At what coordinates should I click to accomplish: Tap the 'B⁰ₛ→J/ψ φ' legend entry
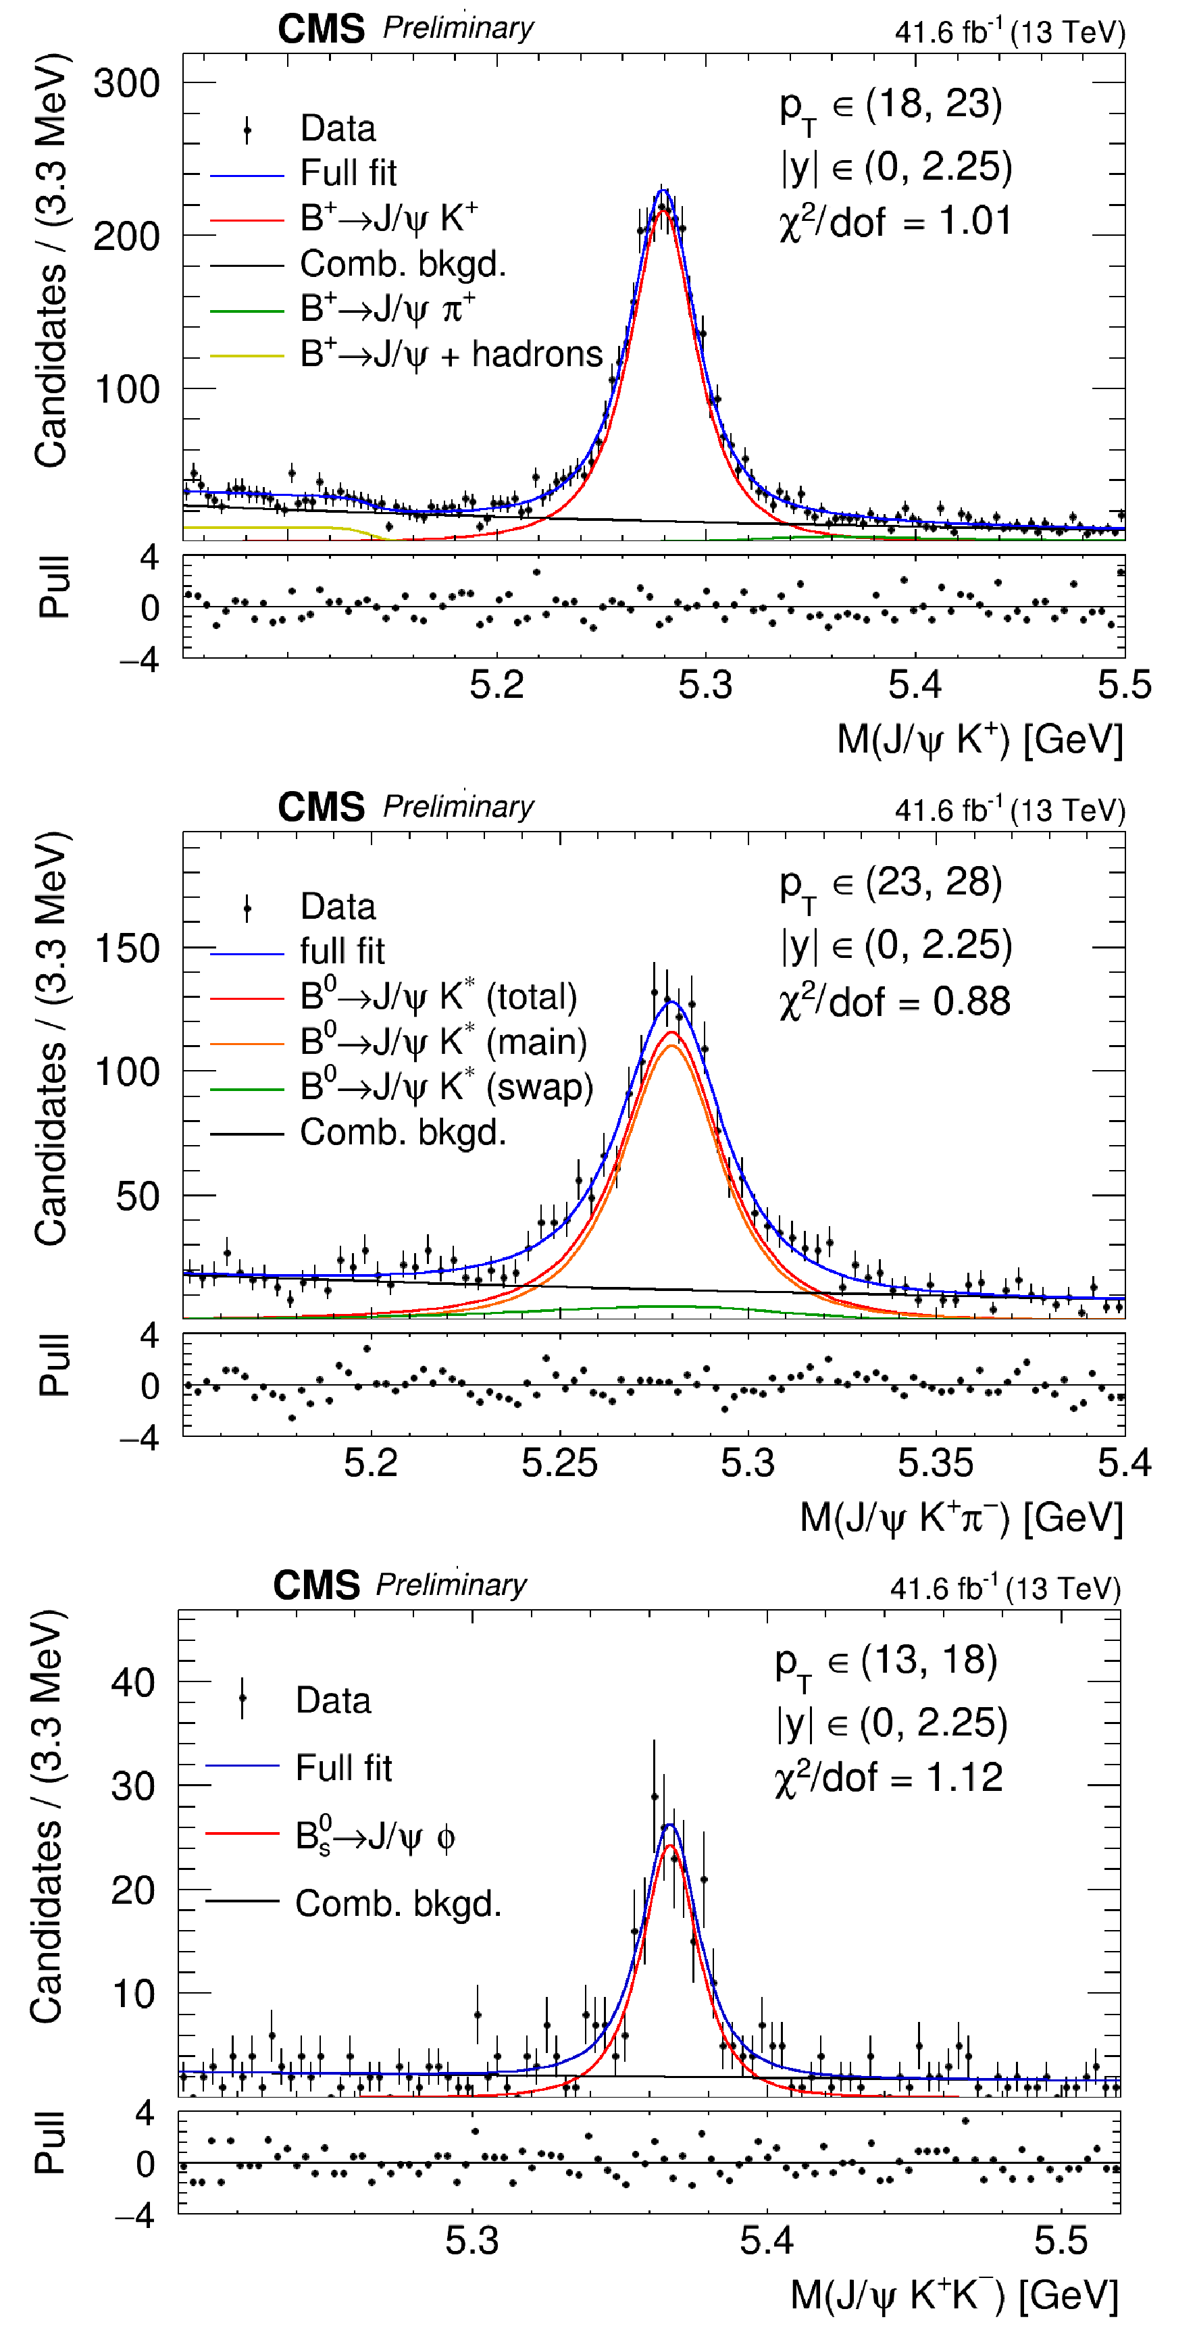tap(375, 1837)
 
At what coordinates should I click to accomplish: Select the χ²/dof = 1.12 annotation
tap(888, 1777)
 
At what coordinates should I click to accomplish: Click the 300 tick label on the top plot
tap(127, 84)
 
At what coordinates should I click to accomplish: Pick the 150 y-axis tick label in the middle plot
tap(127, 949)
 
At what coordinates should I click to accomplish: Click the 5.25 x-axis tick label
tap(559, 1463)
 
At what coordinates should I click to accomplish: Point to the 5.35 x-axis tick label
tap(936, 1463)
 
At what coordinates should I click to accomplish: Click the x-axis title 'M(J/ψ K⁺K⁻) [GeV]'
tap(954, 2295)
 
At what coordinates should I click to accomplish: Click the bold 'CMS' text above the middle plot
tap(321, 807)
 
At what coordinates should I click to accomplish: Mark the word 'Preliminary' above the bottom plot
tap(451, 1585)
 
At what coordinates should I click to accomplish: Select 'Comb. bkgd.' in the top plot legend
tap(403, 264)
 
